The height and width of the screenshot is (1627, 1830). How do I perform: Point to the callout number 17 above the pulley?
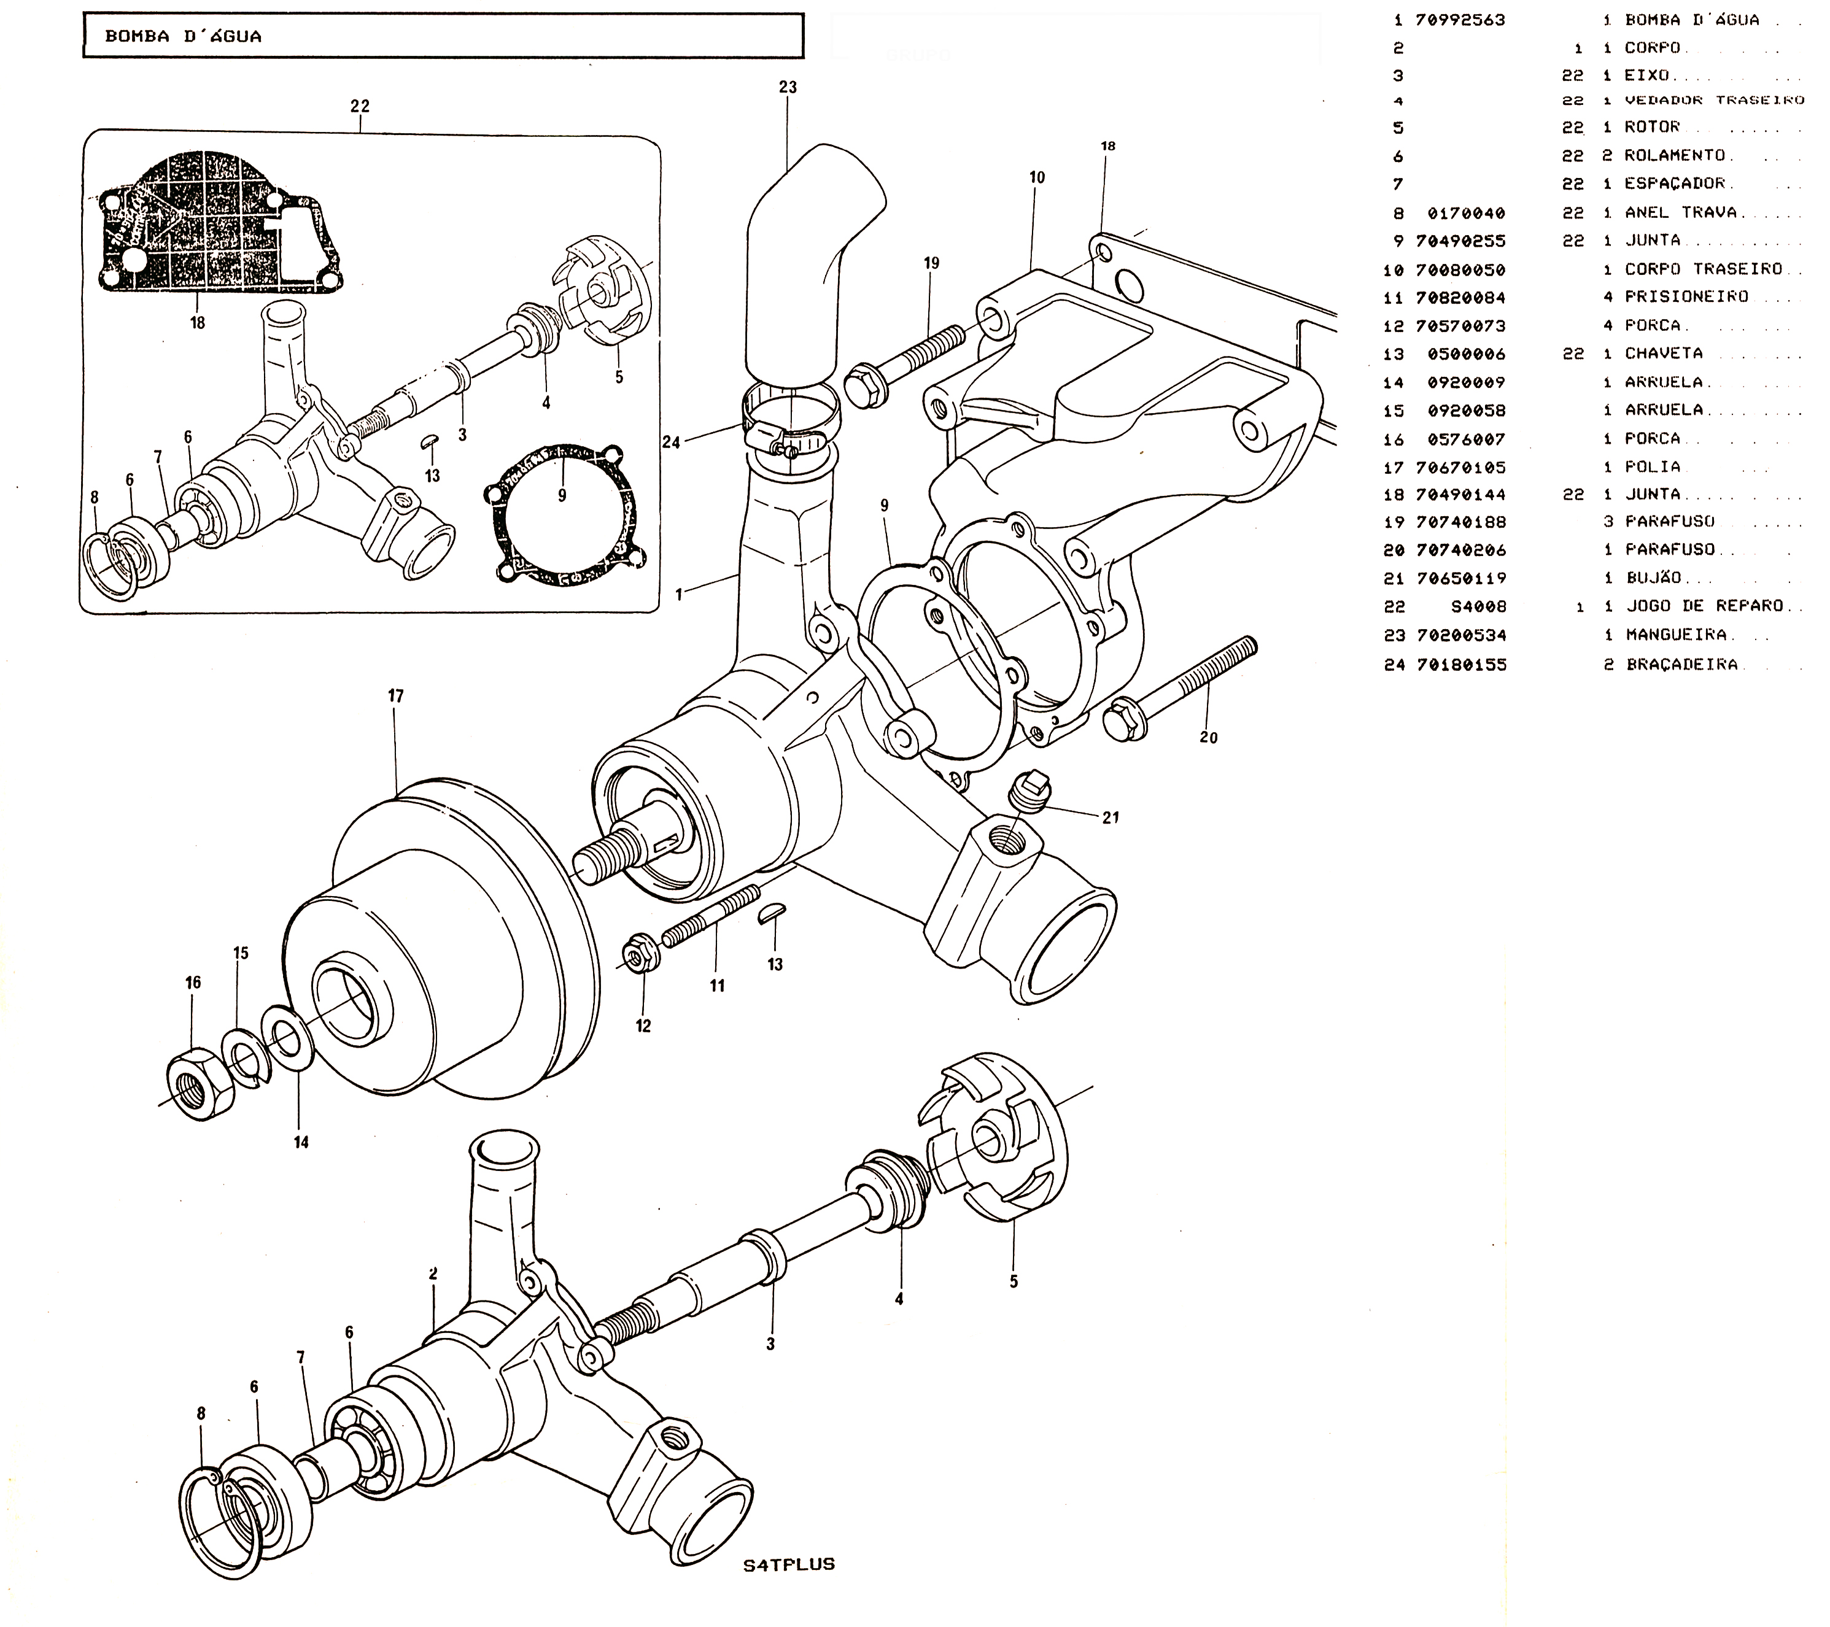pyautogui.click(x=396, y=696)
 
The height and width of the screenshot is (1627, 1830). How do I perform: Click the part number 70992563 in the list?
pyautogui.click(x=1460, y=20)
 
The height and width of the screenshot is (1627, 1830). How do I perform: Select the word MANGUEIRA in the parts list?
pyautogui.click(x=1676, y=635)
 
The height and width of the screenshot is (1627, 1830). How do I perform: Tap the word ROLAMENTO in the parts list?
pyautogui.click(x=1673, y=156)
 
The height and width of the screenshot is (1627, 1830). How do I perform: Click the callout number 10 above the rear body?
pyautogui.click(x=1037, y=178)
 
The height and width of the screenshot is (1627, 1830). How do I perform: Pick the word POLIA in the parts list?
pyautogui.click(x=1653, y=467)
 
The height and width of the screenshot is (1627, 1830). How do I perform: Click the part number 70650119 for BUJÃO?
pyautogui.click(x=1460, y=578)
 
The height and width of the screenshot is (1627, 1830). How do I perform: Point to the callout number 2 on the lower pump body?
pyautogui.click(x=433, y=1273)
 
